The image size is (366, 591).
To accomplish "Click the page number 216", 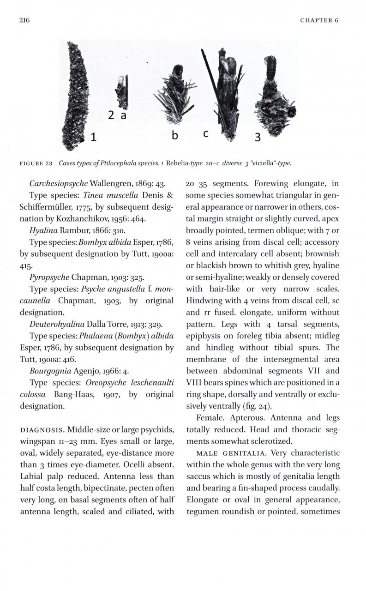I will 24,20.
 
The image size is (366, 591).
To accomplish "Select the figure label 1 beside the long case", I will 94,137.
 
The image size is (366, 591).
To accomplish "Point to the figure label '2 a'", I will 117,116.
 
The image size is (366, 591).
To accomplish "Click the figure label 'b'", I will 175,135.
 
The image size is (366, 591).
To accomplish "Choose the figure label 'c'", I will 206,133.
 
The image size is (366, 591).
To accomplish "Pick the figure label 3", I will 258,137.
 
